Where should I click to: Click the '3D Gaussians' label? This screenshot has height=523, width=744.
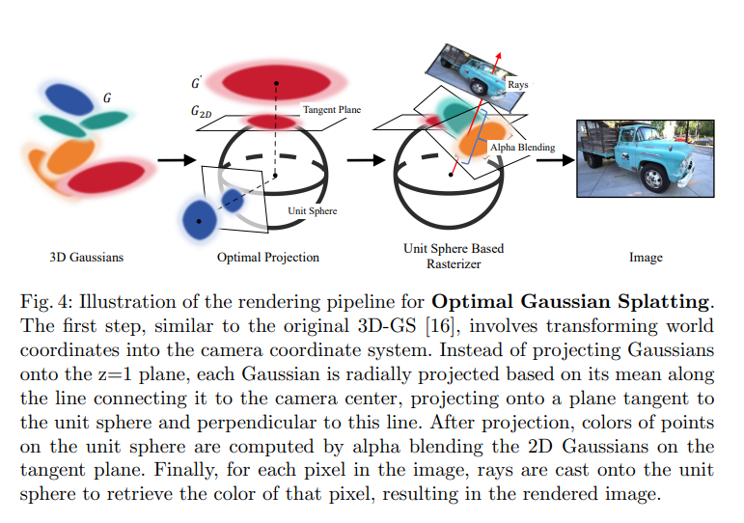point(87,258)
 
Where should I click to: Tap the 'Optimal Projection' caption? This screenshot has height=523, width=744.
point(268,258)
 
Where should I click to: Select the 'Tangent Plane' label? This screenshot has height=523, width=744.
point(332,110)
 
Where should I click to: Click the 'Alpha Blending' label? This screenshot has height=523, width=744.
point(522,148)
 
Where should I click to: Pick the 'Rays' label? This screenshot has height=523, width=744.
point(517,85)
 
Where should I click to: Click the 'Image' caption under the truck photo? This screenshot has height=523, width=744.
point(646,258)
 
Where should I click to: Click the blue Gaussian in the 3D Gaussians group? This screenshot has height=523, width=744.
point(67,97)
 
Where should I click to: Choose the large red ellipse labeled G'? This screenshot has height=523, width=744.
point(276,79)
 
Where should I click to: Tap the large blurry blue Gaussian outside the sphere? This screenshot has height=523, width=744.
point(200,219)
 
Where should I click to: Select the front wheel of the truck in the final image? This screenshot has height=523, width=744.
point(657,177)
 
